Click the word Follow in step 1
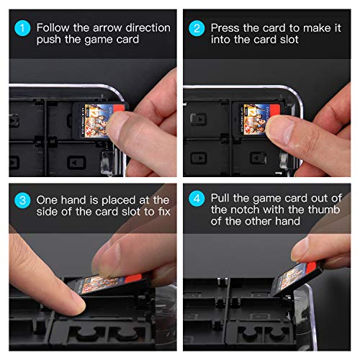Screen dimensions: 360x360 [x=53, y=27]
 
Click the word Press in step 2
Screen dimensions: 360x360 [x=226, y=27]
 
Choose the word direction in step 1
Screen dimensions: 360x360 [x=148, y=27]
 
